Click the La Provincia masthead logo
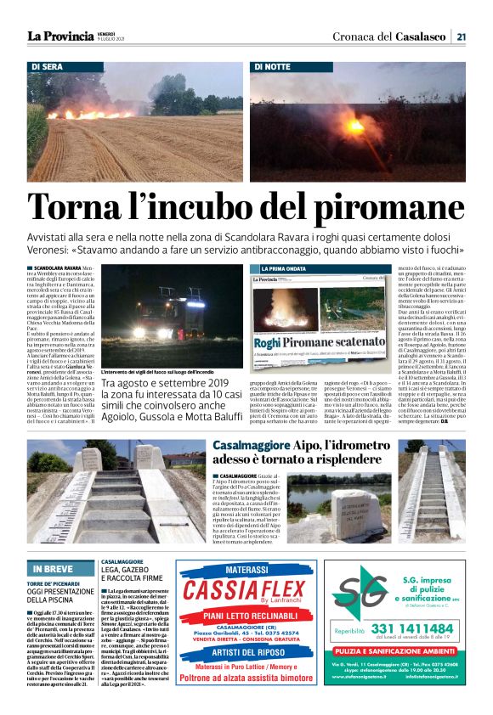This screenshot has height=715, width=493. tap(59, 36)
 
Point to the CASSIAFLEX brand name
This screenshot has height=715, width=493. tap(247, 589)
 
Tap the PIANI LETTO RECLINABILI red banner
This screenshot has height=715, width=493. tap(246, 616)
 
